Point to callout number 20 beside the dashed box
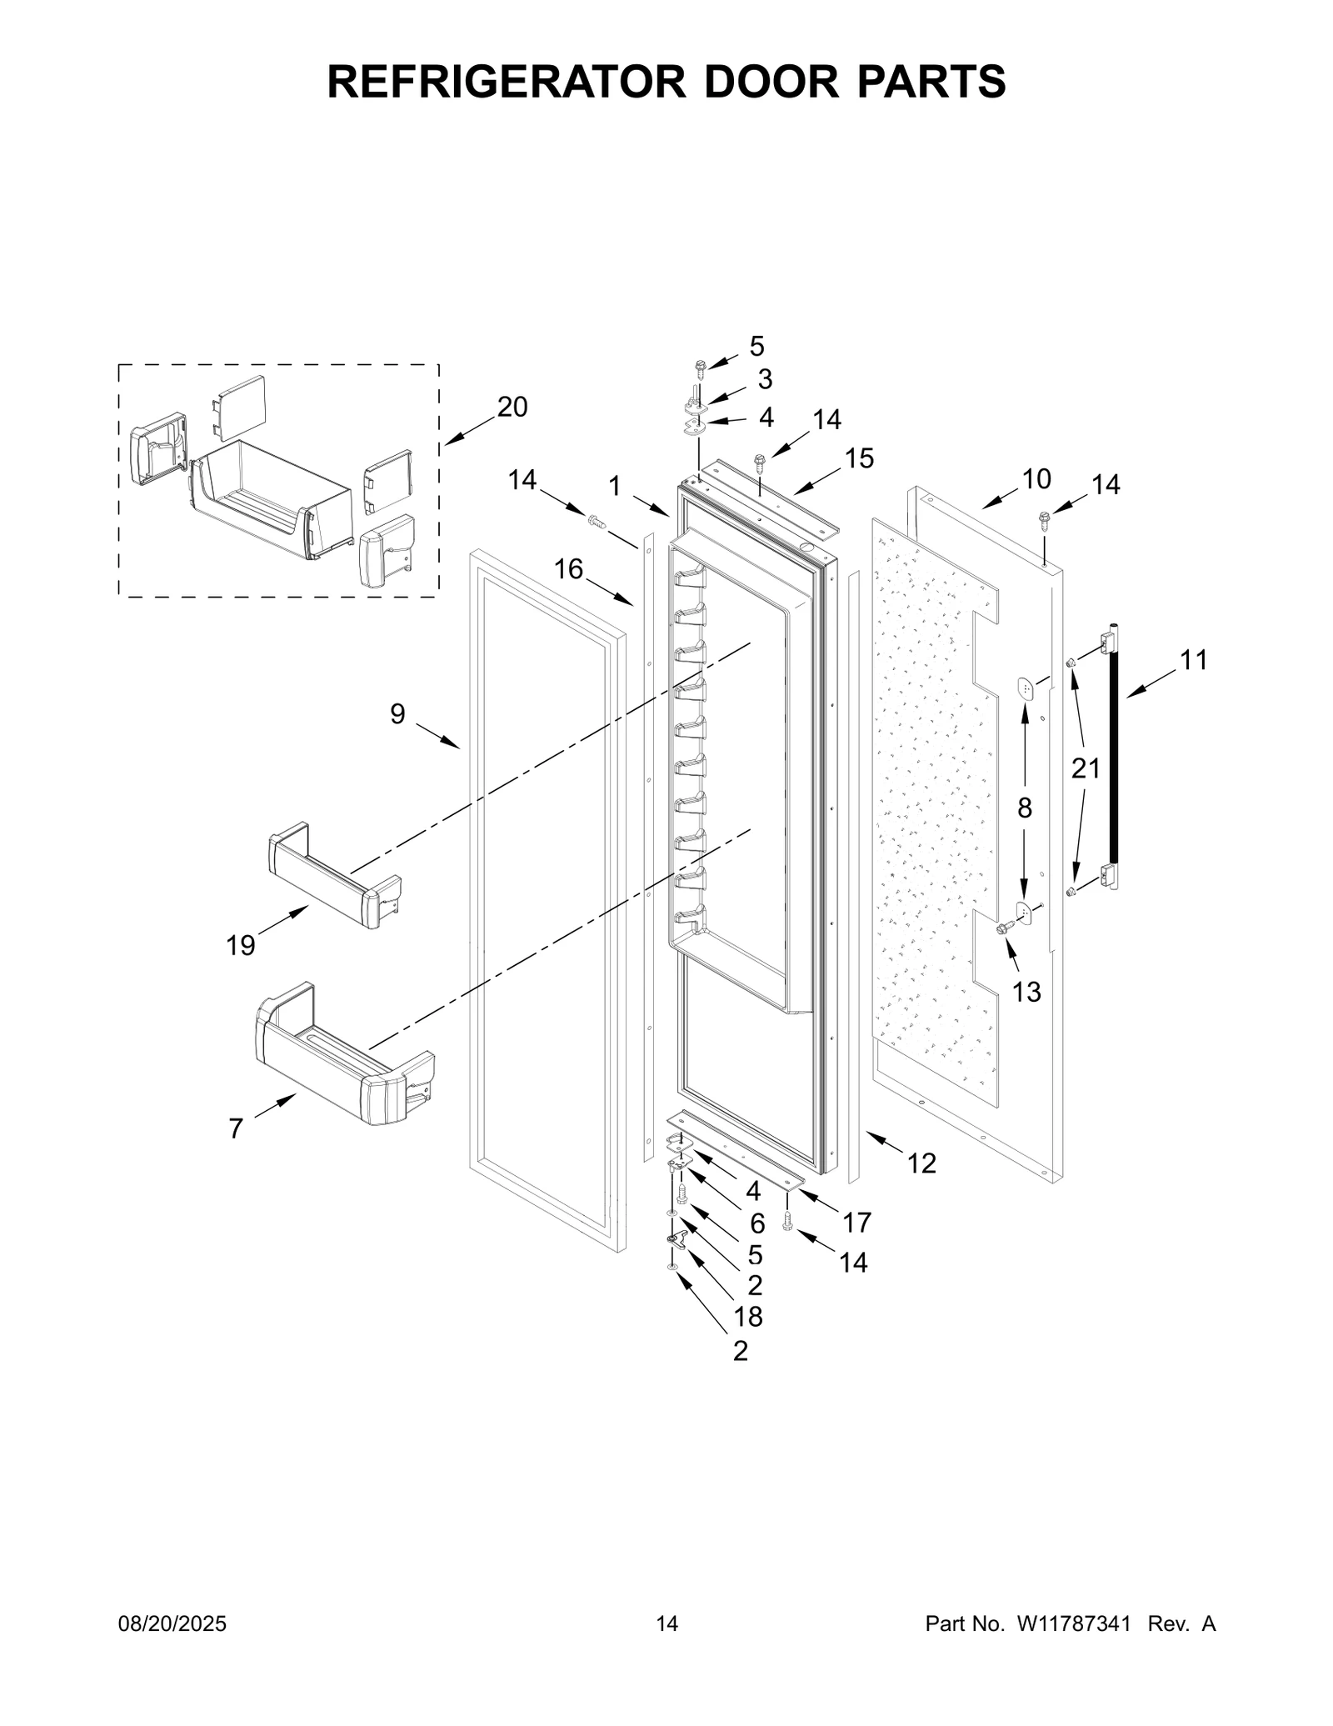512,408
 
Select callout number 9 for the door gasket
397,713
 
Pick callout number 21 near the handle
1086,768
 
